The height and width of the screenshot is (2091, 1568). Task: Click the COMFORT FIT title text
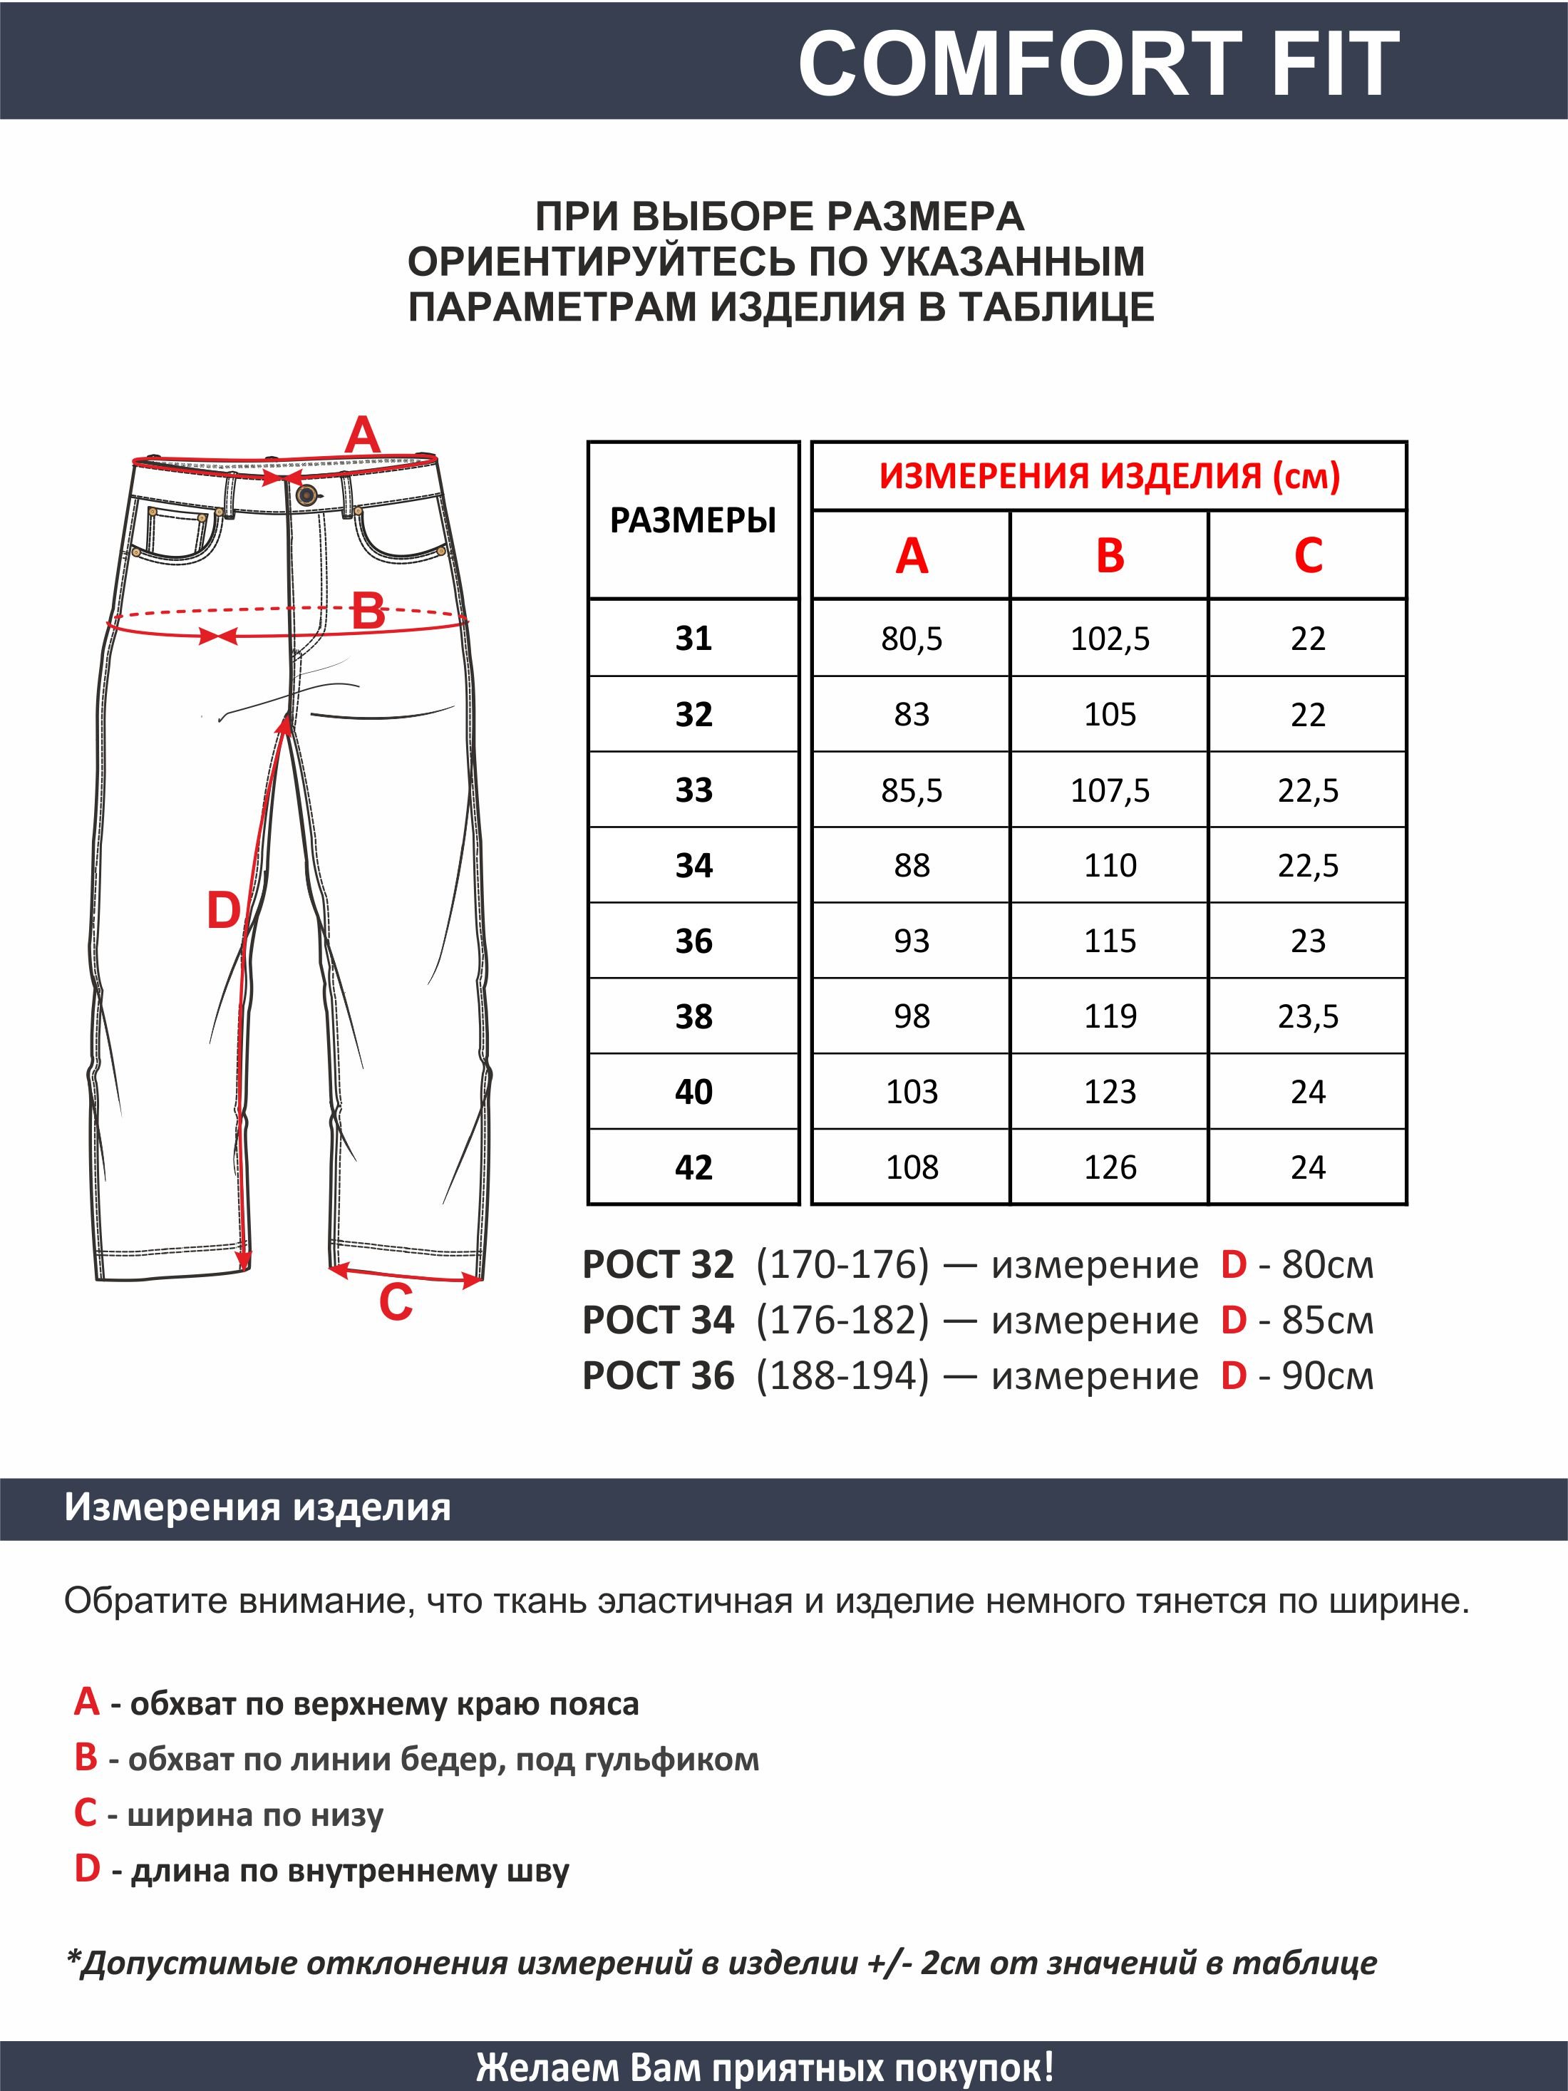[1098, 63]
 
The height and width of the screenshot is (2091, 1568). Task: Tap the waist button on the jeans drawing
[305, 495]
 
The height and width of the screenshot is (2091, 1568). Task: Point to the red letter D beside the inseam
[224, 912]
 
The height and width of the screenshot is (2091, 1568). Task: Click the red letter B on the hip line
[368, 611]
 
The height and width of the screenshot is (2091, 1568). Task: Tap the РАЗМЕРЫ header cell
[693, 521]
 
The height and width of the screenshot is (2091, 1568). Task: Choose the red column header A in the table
[911, 556]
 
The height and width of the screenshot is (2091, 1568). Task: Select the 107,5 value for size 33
[1110, 790]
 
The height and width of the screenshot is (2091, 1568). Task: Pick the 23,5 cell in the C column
[1308, 1016]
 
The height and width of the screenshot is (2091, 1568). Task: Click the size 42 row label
[693, 1167]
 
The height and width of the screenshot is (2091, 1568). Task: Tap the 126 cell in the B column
[1110, 1167]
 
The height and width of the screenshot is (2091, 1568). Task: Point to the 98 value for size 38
[911, 1016]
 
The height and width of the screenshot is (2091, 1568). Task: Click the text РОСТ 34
[658, 1321]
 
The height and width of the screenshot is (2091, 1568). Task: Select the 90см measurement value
[1327, 1376]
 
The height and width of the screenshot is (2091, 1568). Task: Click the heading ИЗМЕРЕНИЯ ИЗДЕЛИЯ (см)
[1110, 475]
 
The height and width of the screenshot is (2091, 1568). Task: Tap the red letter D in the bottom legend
[87, 1869]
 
